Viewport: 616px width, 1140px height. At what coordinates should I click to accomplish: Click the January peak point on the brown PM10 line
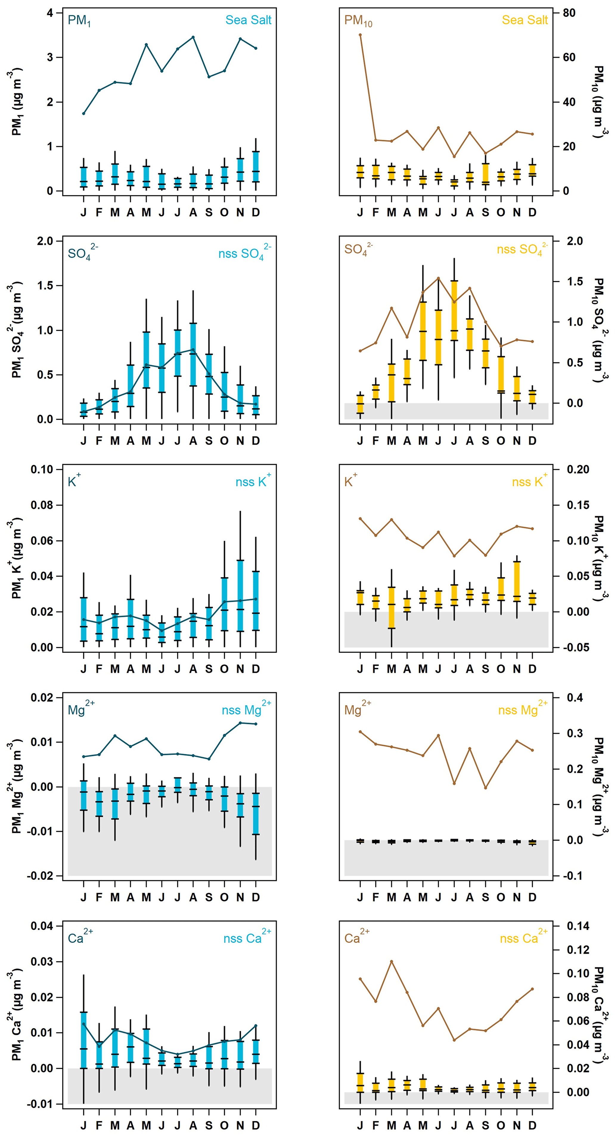pyautogui.click(x=360, y=35)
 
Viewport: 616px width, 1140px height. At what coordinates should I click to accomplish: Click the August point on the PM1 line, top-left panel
pyautogui.click(x=193, y=37)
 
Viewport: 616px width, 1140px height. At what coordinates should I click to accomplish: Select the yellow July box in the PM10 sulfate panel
pyautogui.click(x=454, y=311)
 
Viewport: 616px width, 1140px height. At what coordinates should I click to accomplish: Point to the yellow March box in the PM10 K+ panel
pyautogui.click(x=392, y=607)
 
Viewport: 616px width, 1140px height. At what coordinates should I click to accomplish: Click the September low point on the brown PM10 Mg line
pyautogui.click(x=485, y=788)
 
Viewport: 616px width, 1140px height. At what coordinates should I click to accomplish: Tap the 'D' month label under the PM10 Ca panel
pyautogui.click(x=532, y=1125)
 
